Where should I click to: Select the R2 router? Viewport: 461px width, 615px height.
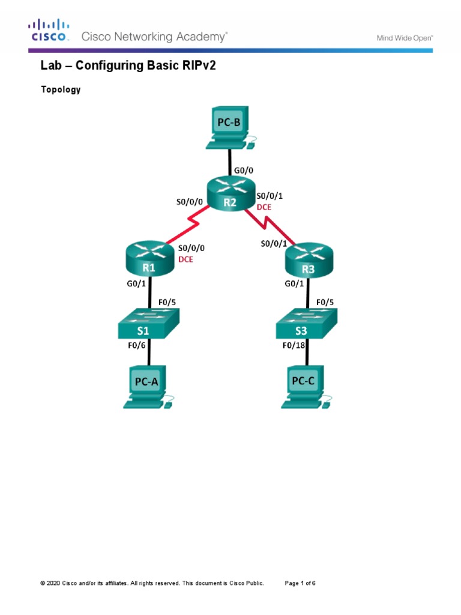(231, 193)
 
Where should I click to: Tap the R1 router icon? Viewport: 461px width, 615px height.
(149, 258)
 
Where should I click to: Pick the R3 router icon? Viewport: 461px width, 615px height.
(309, 259)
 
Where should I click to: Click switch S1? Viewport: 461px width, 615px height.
(149, 324)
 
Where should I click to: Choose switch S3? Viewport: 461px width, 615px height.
(307, 324)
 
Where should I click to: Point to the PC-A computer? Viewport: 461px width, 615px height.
(148, 387)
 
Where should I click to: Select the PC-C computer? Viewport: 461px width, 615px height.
(306, 387)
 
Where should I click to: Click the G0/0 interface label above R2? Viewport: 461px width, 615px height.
(244, 171)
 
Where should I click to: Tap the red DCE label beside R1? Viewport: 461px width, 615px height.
(185, 259)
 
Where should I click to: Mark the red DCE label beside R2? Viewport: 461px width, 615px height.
(264, 207)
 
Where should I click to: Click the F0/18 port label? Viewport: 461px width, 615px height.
(294, 345)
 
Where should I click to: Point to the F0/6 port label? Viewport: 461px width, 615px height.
(136, 345)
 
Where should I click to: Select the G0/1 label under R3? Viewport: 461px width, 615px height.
(294, 283)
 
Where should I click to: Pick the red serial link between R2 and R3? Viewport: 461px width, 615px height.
(270, 226)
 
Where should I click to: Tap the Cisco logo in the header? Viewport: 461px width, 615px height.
(49, 30)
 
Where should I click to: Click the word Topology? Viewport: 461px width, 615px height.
(61, 89)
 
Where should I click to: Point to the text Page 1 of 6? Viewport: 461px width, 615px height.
(300, 583)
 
